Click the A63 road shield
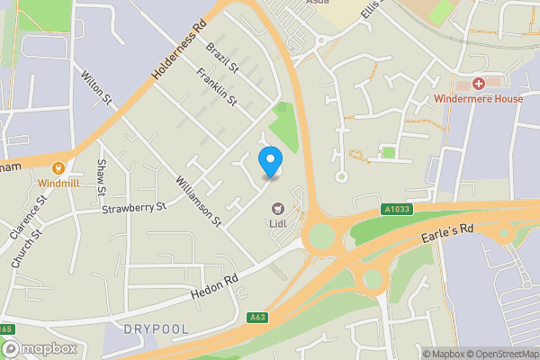click(257, 317)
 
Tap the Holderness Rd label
click(180, 55)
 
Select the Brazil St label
click(220, 57)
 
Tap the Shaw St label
click(102, 178)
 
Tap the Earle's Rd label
click(446, 238)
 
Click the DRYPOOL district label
click(158, 329)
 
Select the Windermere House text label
click(478, 98)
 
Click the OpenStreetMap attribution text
click(502, 354)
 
